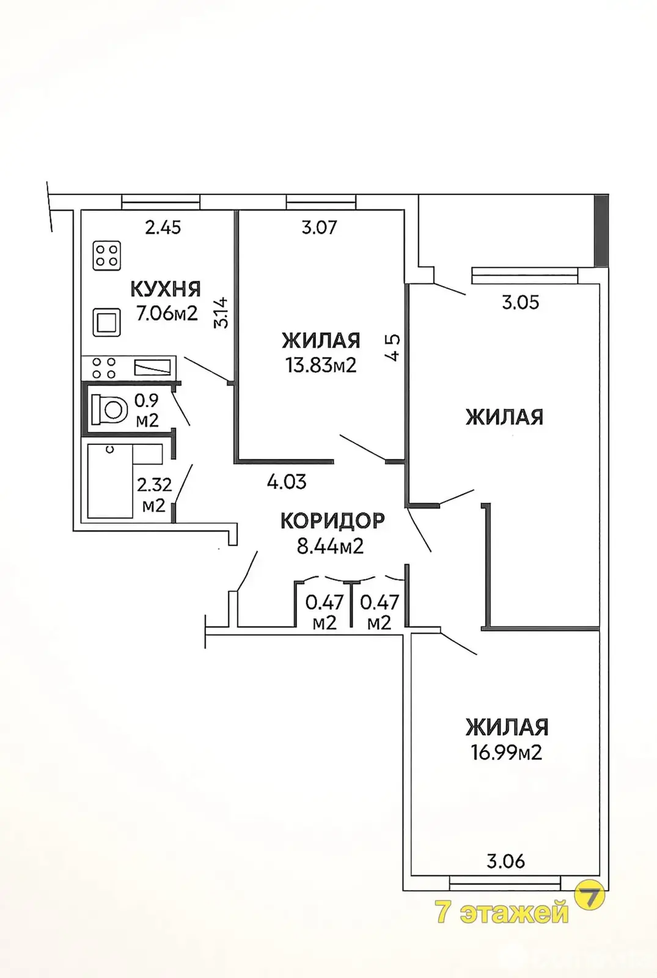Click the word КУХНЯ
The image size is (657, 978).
(x=166, y=289)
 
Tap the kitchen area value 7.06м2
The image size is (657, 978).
(x=167, y=313)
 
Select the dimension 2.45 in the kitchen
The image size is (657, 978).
(x=163, y=227)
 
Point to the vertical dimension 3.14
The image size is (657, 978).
(x=221, y=312)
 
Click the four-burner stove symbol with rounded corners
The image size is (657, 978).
(x=107, y=256)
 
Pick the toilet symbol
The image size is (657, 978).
(x=109, y=410)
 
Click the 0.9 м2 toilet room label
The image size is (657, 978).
(x=147, y=410)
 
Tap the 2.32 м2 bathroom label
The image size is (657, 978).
(x=154, y=495)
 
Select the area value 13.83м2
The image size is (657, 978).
(x=321, y=365)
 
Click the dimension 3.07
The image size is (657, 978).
(x=319, y=227)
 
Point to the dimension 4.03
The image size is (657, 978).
(x=287, y=482)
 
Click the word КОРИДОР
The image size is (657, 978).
(x=332, y=520)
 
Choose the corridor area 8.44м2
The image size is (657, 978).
(x=330, y=546)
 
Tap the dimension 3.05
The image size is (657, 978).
(x=520, y=302)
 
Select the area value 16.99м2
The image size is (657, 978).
(x=507, y=752)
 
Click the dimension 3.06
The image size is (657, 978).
(x=505, y=861)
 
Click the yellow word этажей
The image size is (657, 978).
(x=514, y=911)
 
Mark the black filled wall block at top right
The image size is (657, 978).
(x=601, y=230)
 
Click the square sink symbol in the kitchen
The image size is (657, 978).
(x=106, y=323)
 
